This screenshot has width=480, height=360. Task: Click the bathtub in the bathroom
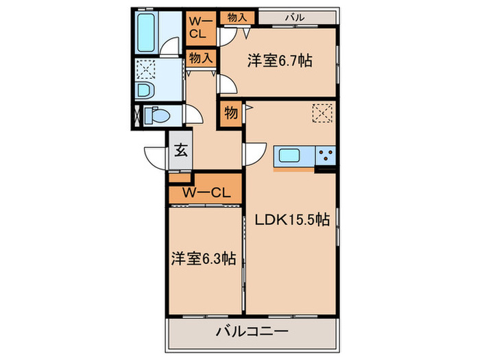tap(145, 32)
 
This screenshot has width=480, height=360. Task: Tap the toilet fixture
tap(157, 116)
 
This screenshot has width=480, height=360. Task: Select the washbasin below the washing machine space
tap(145, 91)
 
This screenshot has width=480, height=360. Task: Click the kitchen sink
tap(289, 156)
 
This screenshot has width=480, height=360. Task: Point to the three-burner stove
tap(325, 156)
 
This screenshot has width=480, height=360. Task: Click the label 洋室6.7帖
tap(280, 60)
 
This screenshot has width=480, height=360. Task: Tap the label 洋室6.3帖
tap(203, 259)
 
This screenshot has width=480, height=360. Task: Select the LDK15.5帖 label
tap(292, 219)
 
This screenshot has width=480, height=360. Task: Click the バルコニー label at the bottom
tap(252, 331)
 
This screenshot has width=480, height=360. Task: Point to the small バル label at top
tap(295, 17)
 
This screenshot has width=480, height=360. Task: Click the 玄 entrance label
tap(181, 150)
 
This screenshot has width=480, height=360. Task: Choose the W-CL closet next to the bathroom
tap(201, 28)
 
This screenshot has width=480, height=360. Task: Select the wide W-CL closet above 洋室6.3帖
tap(206, 189)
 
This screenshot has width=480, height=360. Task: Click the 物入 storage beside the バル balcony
tap(237, 18)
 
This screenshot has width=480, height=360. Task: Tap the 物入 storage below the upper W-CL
tap(201, 58)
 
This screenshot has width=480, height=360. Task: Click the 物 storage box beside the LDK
tap(231, 113)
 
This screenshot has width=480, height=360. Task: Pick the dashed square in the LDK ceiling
tap(322, 113)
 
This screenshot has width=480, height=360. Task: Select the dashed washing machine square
tap(145, 69)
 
